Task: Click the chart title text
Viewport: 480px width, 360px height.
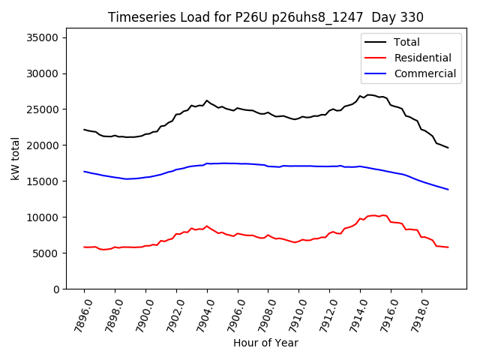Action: coord(265,17)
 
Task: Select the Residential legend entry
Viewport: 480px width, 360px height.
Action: coord(422,58)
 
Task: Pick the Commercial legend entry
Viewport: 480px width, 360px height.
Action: coord(424,73)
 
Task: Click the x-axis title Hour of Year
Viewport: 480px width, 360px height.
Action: coord(265,343)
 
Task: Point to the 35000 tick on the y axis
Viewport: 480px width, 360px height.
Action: coord(44,37)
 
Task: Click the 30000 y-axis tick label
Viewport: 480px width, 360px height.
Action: coord(44,73)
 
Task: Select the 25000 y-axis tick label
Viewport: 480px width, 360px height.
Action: coord(44,109)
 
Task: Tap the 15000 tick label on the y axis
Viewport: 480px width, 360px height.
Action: coord(44,181)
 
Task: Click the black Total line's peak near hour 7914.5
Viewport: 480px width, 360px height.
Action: coord(369,95)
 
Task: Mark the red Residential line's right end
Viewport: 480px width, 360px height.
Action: coord(448,247)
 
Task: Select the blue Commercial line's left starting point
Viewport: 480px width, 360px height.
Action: coord(84,171)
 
